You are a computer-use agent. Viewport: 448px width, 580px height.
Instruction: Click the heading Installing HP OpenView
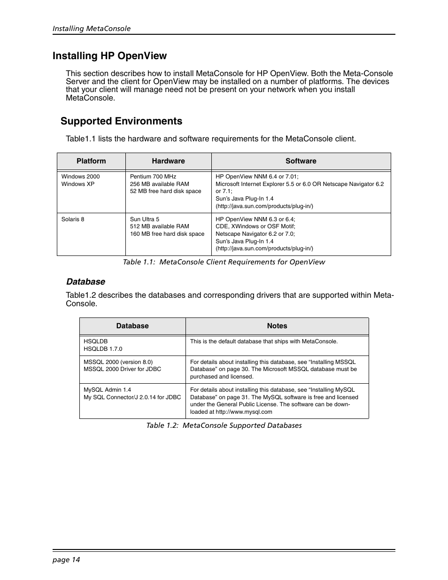(109, 56)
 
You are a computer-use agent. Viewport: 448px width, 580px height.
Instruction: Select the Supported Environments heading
(121, 121)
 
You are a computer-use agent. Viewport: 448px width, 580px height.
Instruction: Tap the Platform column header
(91, 161)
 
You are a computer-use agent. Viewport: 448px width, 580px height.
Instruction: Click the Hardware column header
(168, 161)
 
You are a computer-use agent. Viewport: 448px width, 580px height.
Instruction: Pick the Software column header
(301, 161)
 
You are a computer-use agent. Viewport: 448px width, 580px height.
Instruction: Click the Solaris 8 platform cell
(73, 219)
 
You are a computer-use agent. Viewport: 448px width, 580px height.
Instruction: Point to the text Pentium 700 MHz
(153, 177)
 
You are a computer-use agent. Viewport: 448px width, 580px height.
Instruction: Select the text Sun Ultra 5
(144, 219)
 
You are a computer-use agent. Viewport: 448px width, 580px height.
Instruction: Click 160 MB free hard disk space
(167, 234)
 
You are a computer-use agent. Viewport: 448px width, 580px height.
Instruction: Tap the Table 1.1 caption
(224, 262)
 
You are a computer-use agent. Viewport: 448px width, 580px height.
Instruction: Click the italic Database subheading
(85, 282)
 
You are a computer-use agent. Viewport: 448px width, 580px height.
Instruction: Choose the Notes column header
(277, 326)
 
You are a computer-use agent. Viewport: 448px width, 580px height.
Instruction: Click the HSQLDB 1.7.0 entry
(102, 349)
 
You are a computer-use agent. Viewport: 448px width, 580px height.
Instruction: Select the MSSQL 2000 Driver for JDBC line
(122, 369)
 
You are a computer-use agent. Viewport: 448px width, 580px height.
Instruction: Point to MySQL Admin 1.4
(107, 390)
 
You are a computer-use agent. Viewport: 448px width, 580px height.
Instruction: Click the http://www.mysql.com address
(244, 412)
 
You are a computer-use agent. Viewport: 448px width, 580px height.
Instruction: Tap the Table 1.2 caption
(224, 425)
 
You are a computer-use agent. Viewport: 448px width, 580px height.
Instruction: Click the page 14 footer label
(66, 559)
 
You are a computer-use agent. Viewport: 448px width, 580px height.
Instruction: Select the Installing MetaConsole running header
(92, 29)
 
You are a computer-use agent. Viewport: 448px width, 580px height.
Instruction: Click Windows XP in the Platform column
(77, 184)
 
